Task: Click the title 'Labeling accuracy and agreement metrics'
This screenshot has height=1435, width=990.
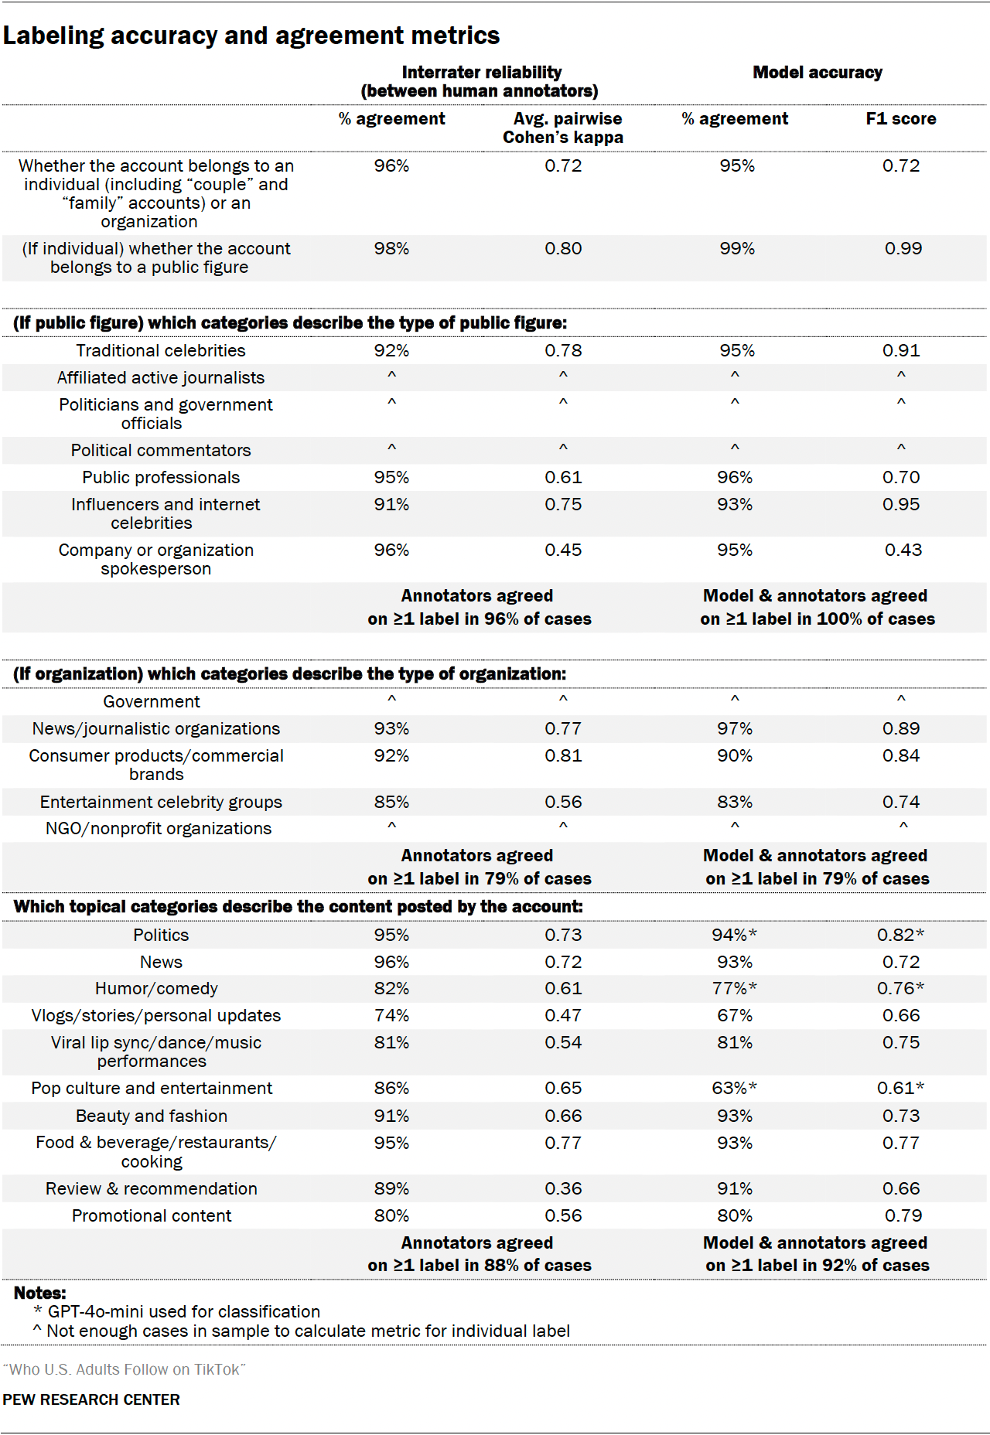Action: click(x=251, y=36)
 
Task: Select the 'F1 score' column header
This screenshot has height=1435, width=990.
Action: click(x=901, y=119)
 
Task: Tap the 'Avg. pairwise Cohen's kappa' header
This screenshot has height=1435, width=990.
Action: click(x=563, y=128)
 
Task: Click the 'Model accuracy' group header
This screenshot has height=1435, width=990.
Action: click(x=818, y=73)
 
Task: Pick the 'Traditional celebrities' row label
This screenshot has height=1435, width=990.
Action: click(x=161, y=351)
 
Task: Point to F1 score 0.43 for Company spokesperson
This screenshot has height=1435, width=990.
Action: click(x=903, y=550)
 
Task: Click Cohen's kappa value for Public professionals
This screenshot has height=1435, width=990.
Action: click(x=563, y=478)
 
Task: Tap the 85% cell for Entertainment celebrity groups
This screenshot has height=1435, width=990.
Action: click(x=391, y=803)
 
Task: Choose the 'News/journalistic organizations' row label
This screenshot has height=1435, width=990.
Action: click(x=156, y=729)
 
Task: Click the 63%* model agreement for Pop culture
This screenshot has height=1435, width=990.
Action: click(x=735, y=1089)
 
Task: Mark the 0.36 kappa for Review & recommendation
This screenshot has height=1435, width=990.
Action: click(x=563, y=1189)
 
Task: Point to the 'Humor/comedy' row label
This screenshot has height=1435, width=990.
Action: click(x=156, y=989)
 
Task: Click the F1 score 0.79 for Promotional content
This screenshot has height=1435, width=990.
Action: click(x=903, y=1216)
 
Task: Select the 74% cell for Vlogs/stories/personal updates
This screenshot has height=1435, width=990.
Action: click(x=391, y=1016)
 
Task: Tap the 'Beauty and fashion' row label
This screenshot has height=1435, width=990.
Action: click(x=152, y=1116)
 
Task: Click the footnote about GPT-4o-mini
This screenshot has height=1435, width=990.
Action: click(x=177, y=1312)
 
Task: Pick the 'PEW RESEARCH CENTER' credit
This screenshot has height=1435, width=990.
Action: click(x=91, y=1399)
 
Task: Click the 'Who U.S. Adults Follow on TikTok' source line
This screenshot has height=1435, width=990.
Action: click(x=124, y=1369)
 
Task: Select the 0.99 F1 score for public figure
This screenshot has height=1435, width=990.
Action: click(x=903, y=249)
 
